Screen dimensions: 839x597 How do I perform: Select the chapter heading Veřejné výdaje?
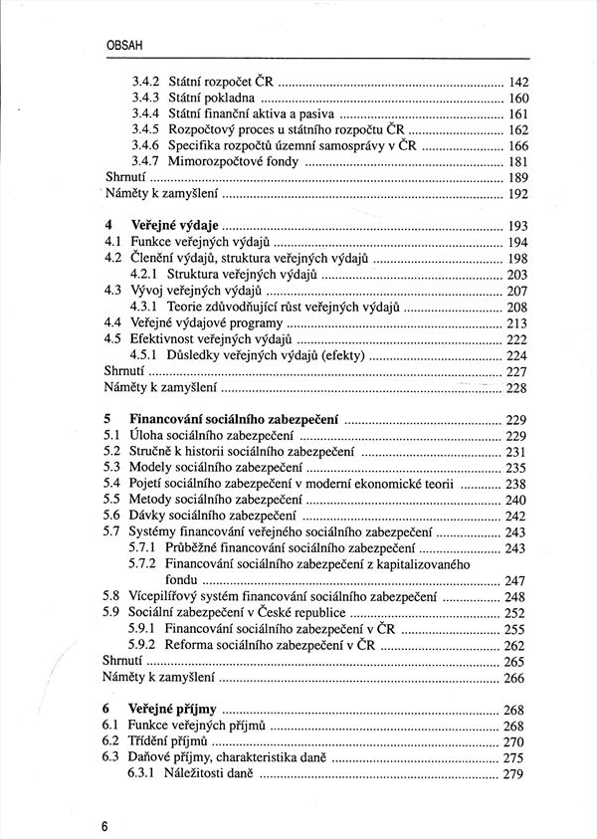point(174,225)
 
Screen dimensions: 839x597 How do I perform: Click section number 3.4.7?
point(145,161)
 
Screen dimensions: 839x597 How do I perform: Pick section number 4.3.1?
point(145,307)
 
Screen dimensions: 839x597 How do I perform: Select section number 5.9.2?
point(145,645)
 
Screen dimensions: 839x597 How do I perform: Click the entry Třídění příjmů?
point(167,741)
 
